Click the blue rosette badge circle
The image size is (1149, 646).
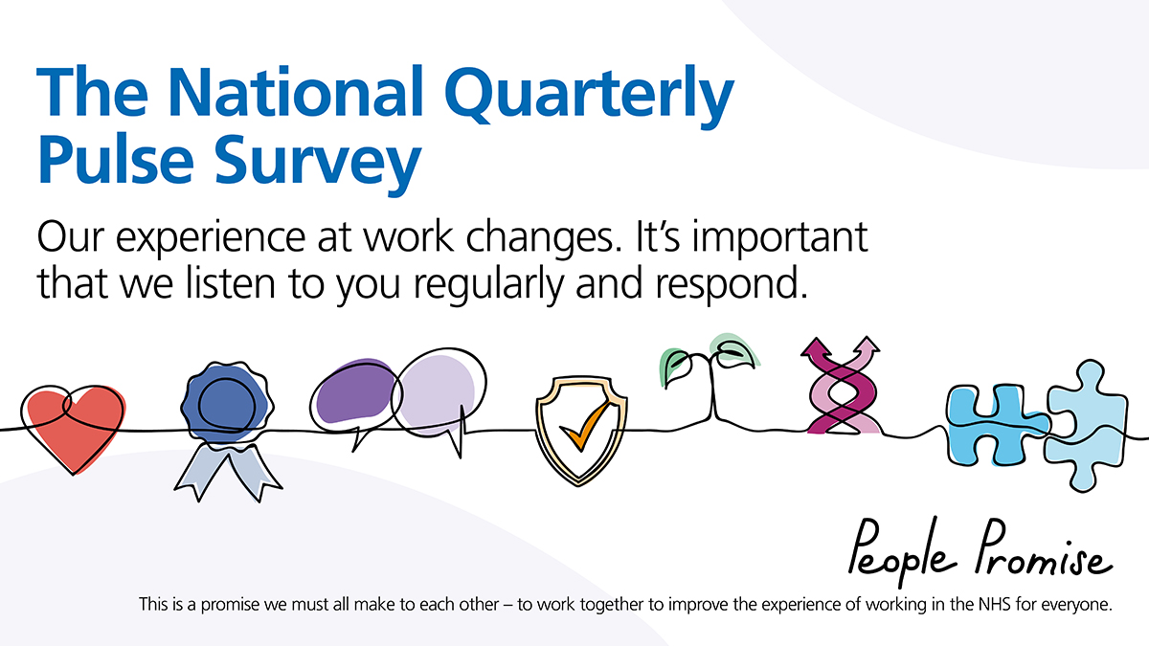(x=227, y=403)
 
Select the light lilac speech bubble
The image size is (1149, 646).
(x=439, y=394)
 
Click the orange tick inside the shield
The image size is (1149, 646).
(x=585, y=426)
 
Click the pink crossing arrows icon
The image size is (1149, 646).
(x=842, y=386)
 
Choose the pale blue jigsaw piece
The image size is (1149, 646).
(x=1085, y=427)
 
